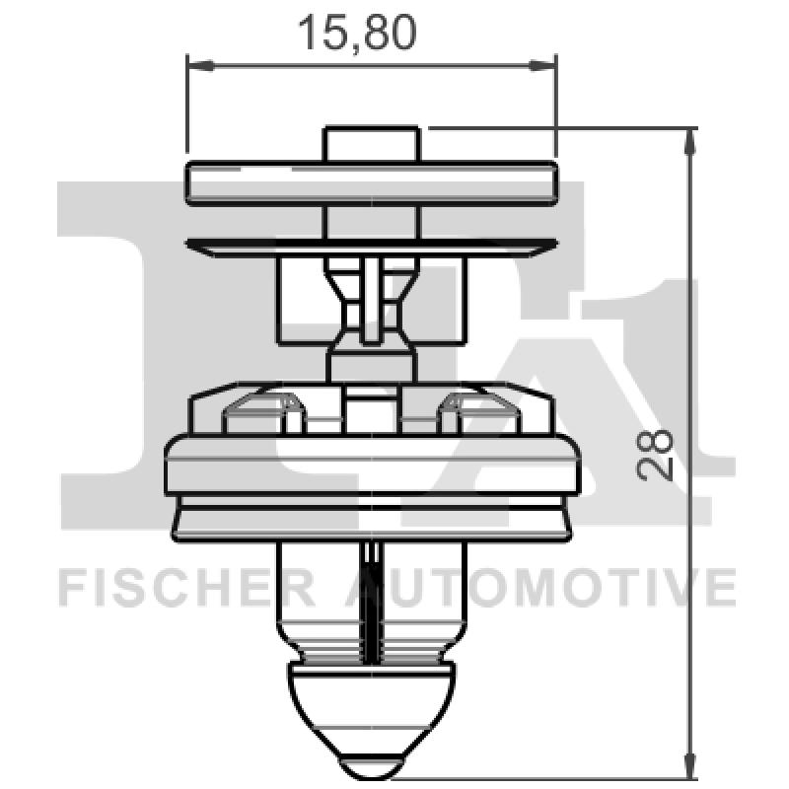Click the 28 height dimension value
click(655, 453)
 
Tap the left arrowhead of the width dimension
click(197, 66)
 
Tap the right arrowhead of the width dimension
click(545, 66)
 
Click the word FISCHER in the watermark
click(186, 590)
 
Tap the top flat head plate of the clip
click(372, 183)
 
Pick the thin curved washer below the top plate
click(372, 245)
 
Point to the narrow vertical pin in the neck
click(372, 301)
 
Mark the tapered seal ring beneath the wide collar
click(372, 520)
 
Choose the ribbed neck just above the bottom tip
click(372, 651)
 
